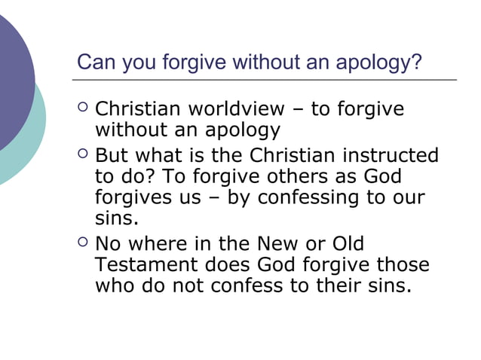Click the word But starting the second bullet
(112, 156)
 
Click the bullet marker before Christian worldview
(82, 110)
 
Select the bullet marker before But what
(82, 156)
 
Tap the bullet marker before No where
(82, 244)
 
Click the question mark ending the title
(416, 61)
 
